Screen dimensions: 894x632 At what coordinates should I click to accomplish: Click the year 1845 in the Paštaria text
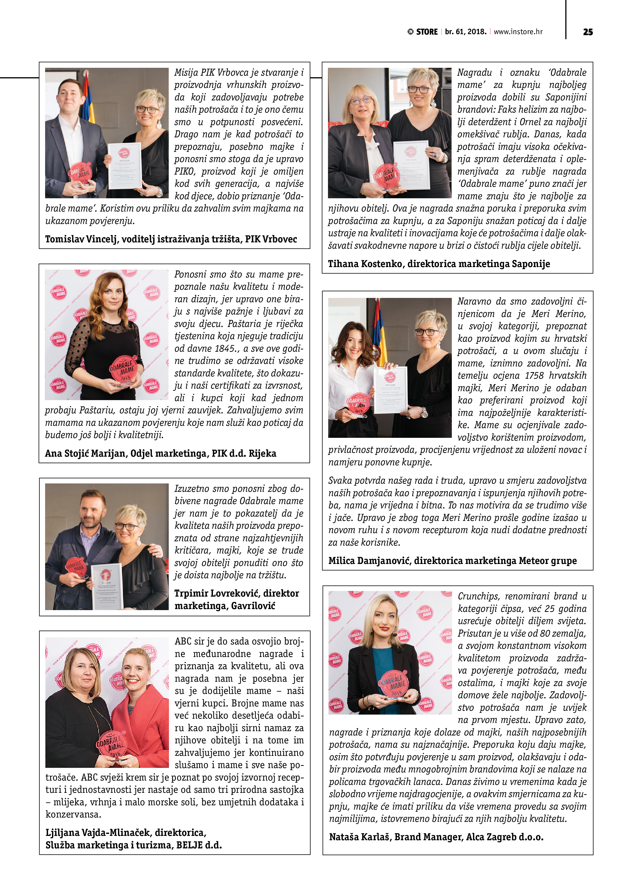point(221,348)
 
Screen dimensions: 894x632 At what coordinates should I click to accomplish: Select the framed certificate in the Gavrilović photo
point(107,586)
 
